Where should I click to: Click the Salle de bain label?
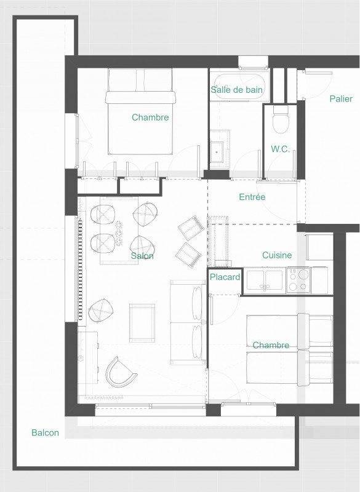tap(237, 90)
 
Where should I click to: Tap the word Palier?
tap(340, 98)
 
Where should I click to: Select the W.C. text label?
tap(280, 149)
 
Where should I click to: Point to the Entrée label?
tap(252, 197)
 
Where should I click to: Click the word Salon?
tap(142, 256)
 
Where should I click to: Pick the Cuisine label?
tap(277, 255)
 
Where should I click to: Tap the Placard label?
tap(225, 278)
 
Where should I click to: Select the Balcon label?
tap(46, 433)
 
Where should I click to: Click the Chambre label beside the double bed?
tap(150, 117)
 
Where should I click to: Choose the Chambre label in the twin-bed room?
tap(271, 346)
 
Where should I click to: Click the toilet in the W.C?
tap(281, 121)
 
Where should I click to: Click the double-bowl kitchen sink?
tap(265, 280)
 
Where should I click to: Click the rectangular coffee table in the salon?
tap(142, 322)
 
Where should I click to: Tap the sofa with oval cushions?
tap(187, 321)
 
